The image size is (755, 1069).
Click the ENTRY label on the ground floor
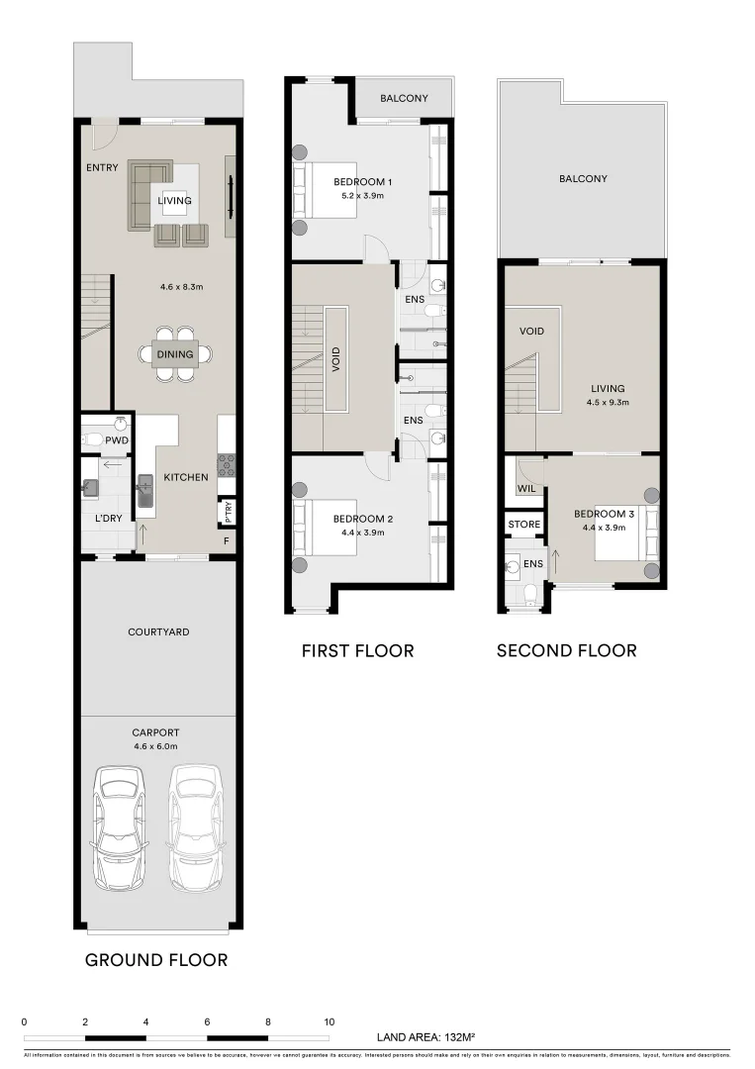click(102, 167)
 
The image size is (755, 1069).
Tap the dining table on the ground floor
click(174, 353)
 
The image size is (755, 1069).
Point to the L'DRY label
click(109, 519)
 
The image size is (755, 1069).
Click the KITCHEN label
click(186, 477)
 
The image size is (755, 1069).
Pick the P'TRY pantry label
click(227, 512)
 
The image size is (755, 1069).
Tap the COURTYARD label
click(158, 632)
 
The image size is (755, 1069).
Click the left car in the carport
click(120, 827)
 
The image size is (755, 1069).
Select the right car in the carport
click(196, 827)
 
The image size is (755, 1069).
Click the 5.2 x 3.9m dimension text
click(363, 195)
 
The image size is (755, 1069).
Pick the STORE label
click(523, 524)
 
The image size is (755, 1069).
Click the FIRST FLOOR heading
click(357, 650)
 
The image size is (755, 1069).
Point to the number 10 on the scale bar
click(329, 1021)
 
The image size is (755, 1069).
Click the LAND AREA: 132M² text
click(426, 1037)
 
